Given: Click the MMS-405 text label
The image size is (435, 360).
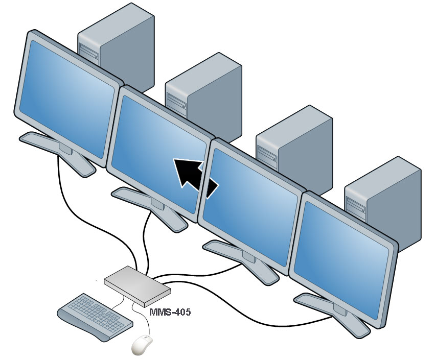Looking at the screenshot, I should [x=169, y=311].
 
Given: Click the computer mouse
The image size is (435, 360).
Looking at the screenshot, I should [x=143, y=345].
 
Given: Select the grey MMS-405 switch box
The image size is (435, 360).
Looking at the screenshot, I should [x=137, y=283].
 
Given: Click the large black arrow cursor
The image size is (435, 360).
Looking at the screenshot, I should [x=194, y=176].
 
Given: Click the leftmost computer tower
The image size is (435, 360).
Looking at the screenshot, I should [x=123, y=46].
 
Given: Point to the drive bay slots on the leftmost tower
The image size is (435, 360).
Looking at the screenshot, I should [x=88, y=53].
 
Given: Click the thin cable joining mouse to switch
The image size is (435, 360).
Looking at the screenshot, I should [x=147, y=322].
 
